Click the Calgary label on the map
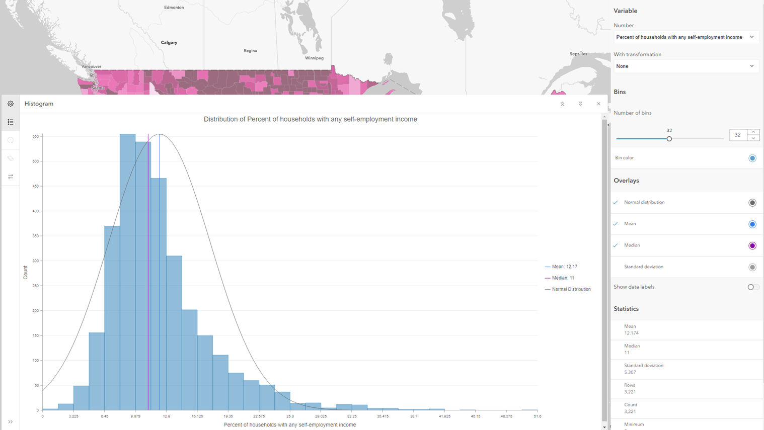pyautogui.click(x=169, y=43)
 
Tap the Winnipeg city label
pyautogui.click(x=314, y=58)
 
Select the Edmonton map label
pyautogui.click(x=174, y=8)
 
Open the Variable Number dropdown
pyautogui.click(x=685, y=37)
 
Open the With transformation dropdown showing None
pyautogui.click(x=685, y=66)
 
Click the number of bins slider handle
pyautogui.click(x=669, y=139)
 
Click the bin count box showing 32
pyautogui.click(x=738, y=135)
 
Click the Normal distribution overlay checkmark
pyautogui.click(x=616, y=203)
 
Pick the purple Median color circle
pyautogui.click(x=752, y=246)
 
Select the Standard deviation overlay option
pyautogui.click(x=644, y=267)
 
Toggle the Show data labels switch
pyautogui.click(x=752, y=287)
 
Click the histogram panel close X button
pyautogui.click(x=598, y=104)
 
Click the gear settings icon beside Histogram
pyautogui.click(x=11, y=104)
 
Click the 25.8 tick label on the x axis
pyautogui.click(x=290, y=416)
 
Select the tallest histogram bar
pyautogui.click(x=127, y=272)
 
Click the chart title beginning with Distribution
pyautogui.click(x=310, y=120)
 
